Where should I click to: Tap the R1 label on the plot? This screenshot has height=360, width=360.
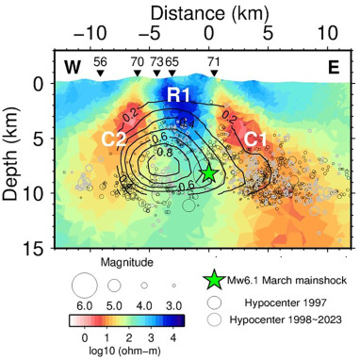[179, 95]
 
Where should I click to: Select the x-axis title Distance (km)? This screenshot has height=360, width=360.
[207, 11]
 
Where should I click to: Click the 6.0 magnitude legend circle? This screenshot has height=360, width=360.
[84, 284]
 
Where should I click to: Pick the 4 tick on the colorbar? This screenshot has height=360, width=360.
[172, 336]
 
